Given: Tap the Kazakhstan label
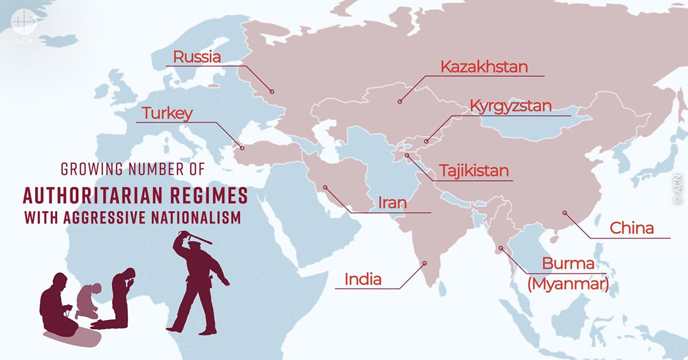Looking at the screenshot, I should tap(484, 66).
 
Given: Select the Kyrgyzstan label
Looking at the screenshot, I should tap(510, 106).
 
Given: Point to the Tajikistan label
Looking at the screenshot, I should tap(474, 171).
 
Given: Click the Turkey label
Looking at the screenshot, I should tap(167, 113).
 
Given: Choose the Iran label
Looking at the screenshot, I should tap(392, 203).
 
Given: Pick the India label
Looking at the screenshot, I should tap(363, 280).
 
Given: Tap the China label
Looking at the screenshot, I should tap(631, 228).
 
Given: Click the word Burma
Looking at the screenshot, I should tap(568, 265).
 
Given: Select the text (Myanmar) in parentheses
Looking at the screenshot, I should tap(567, 284).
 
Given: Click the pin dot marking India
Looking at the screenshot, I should tap(425, 264).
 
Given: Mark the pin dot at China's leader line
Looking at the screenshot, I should tap(564, 213).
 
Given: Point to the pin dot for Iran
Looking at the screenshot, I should tap(325, 187).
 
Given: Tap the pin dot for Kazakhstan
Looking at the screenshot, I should tap(400, 101).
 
